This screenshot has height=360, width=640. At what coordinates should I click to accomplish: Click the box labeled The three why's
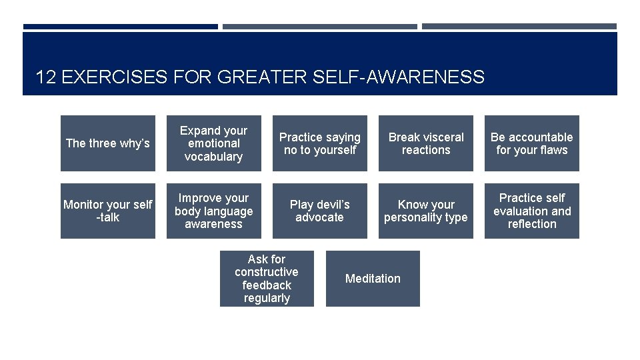point(108,143)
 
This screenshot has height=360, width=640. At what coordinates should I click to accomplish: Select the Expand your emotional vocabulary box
point(213,143)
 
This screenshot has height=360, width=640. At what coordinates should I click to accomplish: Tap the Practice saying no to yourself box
point(319,143)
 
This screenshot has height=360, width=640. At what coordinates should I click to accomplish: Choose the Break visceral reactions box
point(426,143)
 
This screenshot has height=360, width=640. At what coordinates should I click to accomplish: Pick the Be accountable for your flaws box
point(531,143)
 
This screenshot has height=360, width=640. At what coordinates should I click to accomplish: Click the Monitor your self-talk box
point(108,211)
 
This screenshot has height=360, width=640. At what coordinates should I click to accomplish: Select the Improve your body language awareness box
point(213,211)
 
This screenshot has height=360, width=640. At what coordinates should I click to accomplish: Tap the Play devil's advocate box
point(319,211)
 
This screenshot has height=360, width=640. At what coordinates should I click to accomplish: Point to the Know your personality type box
point(426,211)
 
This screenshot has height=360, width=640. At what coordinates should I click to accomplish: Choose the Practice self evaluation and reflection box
point(531,211)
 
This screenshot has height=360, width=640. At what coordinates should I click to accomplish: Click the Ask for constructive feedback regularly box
point(267,279)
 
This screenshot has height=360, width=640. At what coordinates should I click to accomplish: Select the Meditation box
point(373,279)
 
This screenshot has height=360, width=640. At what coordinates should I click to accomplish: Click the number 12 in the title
point(45,77)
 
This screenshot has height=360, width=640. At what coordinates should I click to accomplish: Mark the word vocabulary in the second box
point(213,157)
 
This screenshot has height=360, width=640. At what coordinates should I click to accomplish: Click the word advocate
point(319,217)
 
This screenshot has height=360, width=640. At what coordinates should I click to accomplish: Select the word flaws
point(553,150)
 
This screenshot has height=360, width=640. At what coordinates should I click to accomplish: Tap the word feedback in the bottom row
point(267,285)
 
